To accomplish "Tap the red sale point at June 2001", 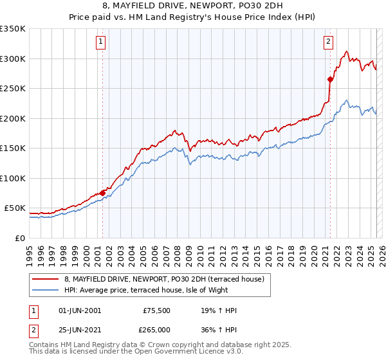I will click(102, 193).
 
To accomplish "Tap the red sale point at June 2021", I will click(330, 80).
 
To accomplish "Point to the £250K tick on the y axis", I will click(13, 89).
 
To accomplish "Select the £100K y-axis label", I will click(13, 178).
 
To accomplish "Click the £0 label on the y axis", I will click(19, 238).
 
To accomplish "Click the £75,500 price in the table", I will click(156, 310).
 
